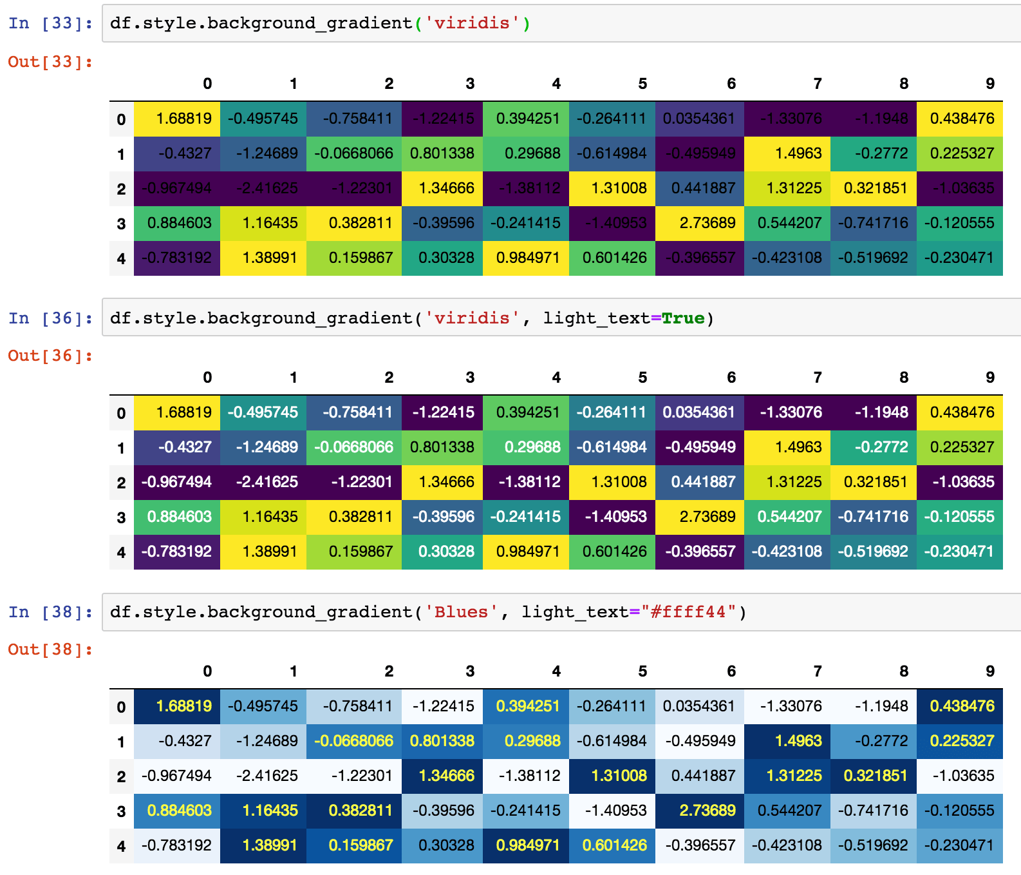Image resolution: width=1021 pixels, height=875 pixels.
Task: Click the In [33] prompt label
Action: [50, 23]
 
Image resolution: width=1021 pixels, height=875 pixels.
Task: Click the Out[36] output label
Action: [50, 356]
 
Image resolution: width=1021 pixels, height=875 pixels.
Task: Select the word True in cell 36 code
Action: [683, 318]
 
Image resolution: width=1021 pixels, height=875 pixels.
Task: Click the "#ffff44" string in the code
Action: [689, 612]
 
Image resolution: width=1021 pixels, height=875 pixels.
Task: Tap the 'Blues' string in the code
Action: [461, 612]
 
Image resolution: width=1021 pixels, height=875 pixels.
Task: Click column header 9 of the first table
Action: [989, 84]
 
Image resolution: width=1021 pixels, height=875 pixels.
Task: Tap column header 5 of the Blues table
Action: [642, 671]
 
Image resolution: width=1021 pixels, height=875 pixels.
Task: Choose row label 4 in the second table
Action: [121, 552]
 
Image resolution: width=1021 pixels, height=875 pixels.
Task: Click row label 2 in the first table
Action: [121, 189]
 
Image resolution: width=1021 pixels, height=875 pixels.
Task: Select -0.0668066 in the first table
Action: [353, 153]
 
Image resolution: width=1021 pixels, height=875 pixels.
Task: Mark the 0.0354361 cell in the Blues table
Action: [698, 706]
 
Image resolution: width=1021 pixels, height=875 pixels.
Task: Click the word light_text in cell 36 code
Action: [596, 318]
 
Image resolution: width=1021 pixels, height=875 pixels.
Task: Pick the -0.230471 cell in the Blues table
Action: [959, 845]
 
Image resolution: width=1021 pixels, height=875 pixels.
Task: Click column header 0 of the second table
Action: [207, 378]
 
